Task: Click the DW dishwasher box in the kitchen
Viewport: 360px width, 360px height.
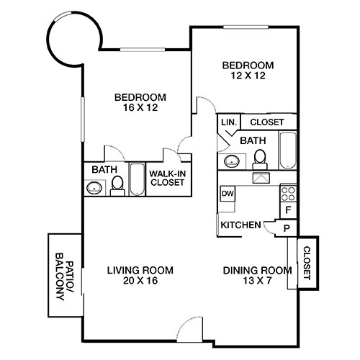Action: coord(228,194)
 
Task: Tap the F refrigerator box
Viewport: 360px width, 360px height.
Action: coord(288,211)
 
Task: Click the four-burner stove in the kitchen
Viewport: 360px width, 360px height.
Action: coord(288,193)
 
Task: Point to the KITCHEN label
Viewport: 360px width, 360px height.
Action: coord(240,225)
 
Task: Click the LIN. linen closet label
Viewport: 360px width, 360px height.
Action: coord(229,122)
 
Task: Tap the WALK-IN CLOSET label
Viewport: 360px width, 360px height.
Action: coord(167,178)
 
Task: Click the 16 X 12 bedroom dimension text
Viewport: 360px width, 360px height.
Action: coord(140,108)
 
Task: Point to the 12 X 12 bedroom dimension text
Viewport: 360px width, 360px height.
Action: coord(245,74)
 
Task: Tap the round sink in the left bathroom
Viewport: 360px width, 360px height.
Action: coord(94,189)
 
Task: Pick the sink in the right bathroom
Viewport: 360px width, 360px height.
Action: coord(231,161)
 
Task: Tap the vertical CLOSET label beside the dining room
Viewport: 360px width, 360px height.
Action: coord(307,262)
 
